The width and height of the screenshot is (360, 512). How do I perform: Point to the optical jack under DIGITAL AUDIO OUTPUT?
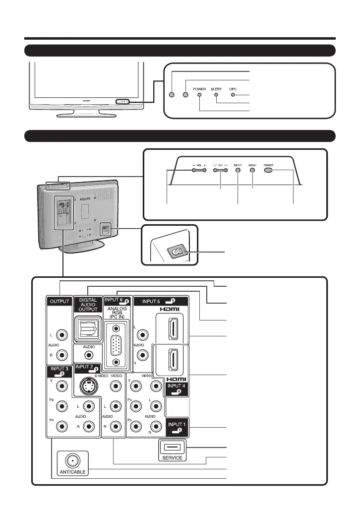tap(87, 328)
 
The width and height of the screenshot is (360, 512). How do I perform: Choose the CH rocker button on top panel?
tap(221, 170)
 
